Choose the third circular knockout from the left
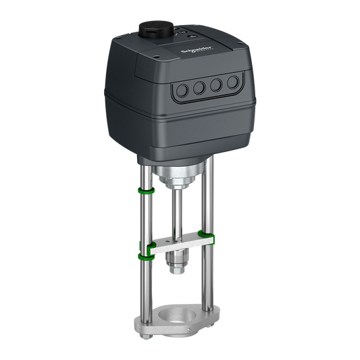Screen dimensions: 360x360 [216, 85]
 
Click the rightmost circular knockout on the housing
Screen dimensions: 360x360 [232, 83]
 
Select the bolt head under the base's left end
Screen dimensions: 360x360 [145, 317]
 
